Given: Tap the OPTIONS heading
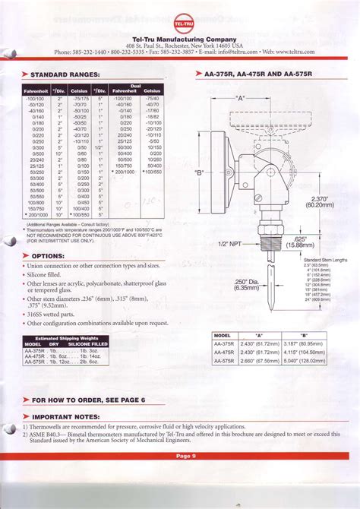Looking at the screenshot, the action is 47,256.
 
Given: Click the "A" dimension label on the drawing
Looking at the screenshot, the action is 242,98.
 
